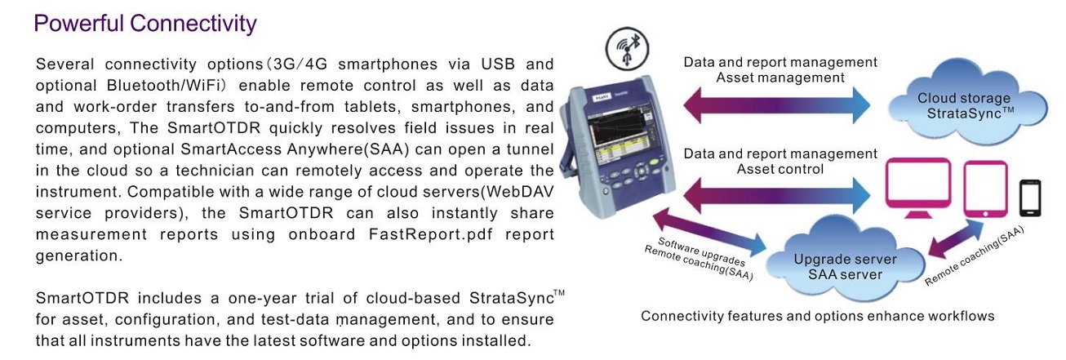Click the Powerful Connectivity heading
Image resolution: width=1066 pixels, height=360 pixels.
[145, 24]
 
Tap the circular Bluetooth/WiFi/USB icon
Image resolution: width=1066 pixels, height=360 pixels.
[627, 49]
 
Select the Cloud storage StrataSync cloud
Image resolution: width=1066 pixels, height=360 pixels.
[967, 102]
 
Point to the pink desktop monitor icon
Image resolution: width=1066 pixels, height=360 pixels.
[918, 189]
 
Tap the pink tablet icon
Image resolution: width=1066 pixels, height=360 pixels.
[985, 189]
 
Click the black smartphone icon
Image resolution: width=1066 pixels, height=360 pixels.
[1030, 198]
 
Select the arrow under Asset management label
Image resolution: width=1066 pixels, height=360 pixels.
[777, 105]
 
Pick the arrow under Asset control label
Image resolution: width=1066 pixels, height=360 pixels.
[777, 195]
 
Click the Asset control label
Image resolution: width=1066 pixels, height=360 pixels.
[780, 169]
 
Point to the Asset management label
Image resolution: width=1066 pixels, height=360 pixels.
[780, 78]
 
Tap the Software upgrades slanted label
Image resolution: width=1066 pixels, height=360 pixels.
[701, 252]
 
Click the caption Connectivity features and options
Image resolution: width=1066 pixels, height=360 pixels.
[818, 316]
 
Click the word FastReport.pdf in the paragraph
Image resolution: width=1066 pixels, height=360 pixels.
[431, 234]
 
